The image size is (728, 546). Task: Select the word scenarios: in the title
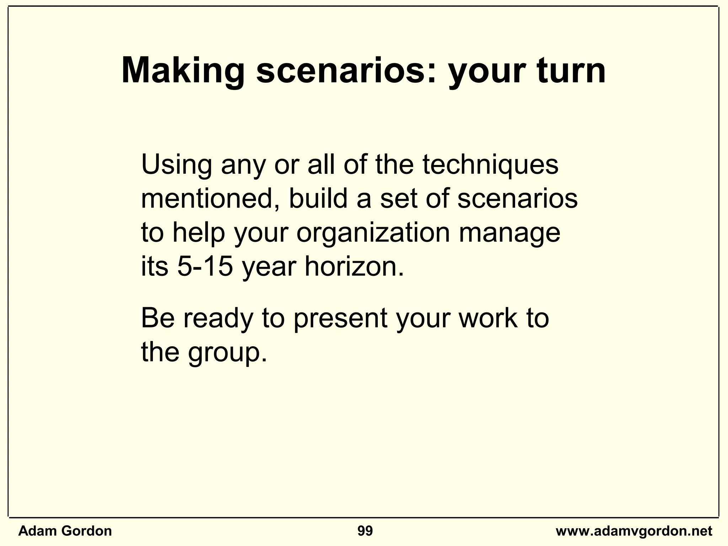346,71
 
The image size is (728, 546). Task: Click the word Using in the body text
177,165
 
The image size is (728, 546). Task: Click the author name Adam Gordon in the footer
65,531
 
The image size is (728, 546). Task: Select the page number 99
365,531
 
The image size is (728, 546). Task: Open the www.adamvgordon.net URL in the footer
634,531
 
